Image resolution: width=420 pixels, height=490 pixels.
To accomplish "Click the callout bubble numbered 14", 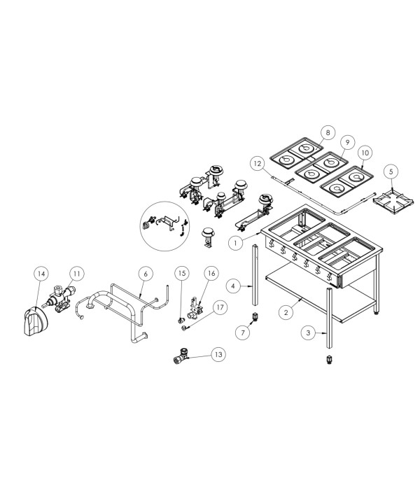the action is (x=41, y=274).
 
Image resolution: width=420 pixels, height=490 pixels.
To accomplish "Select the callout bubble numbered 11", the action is (x=77, y=274).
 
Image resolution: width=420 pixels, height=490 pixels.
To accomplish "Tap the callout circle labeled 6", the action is (x=146, y=274).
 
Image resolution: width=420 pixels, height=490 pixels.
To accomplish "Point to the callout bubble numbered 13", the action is (x=218, y=354).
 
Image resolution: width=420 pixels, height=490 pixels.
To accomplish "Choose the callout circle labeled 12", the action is (x=258, y=163).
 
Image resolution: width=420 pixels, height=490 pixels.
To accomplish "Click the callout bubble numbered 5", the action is (x=391, y=171).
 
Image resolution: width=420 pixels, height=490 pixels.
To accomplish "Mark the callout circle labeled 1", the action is (x=236, y=242).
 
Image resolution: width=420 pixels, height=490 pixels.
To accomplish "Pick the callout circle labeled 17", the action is (x=220, y=307).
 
